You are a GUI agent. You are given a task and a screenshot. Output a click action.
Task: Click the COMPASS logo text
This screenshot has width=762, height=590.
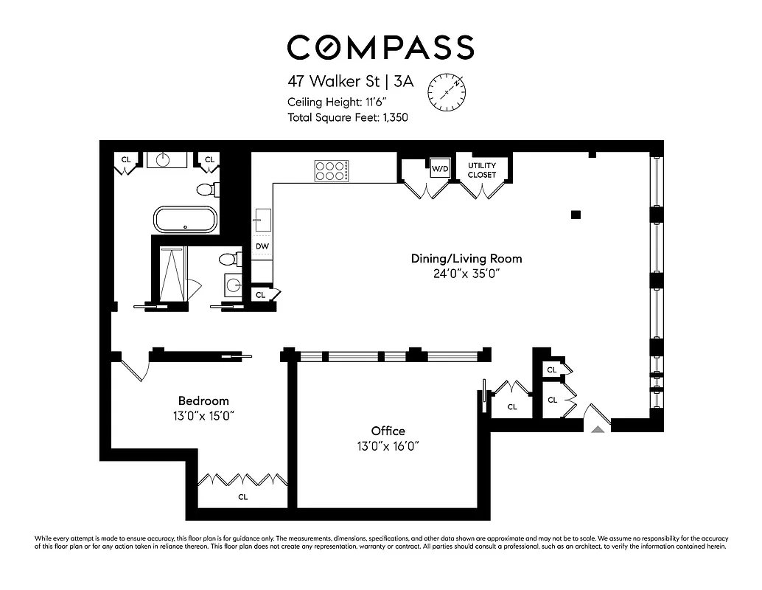380,47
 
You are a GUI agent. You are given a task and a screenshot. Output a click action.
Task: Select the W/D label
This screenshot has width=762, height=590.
440,169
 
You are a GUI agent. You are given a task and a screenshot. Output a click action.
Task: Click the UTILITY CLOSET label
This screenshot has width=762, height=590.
482,170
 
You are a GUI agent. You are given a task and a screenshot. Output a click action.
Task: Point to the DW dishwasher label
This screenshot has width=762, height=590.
262,246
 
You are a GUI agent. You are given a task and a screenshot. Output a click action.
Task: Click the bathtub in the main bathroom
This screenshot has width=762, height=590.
185,220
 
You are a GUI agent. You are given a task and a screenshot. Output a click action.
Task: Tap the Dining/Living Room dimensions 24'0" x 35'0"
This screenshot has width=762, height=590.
466,274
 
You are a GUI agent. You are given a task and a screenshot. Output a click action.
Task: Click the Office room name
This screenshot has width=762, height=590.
388,431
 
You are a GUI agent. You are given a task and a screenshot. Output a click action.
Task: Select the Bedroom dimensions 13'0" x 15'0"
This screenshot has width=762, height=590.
203,416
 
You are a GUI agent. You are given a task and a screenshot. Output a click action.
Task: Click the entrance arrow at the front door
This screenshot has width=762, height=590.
599,427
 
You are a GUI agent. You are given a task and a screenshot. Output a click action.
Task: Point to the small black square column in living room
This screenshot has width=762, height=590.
576,215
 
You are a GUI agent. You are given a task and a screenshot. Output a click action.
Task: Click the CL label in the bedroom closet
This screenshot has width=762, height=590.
242,497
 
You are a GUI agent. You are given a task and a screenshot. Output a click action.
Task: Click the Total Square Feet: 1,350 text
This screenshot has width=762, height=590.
348,117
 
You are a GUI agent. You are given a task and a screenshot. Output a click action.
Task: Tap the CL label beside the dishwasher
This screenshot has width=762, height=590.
260,295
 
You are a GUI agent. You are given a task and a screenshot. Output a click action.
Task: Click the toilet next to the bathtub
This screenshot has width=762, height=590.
207,190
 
